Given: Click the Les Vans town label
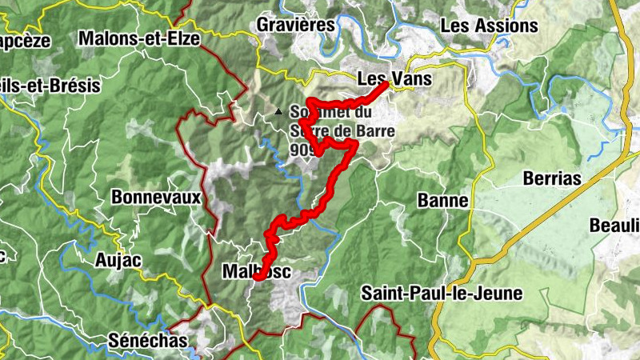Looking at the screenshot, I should tap(394, 79).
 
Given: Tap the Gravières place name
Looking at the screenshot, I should tap(295, 25).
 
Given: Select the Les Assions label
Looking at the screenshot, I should tap(489, 26).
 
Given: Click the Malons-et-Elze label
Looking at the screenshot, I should tap(139, 38).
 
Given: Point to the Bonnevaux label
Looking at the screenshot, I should tap(155, 196).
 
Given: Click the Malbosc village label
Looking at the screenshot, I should tap(256, 273).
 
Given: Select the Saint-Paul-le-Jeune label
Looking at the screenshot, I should tap(442, 293).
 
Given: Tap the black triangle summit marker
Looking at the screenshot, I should tap(278, 112).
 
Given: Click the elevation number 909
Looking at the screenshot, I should tap(302, 150).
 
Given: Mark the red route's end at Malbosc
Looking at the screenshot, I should tap(258, 276).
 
